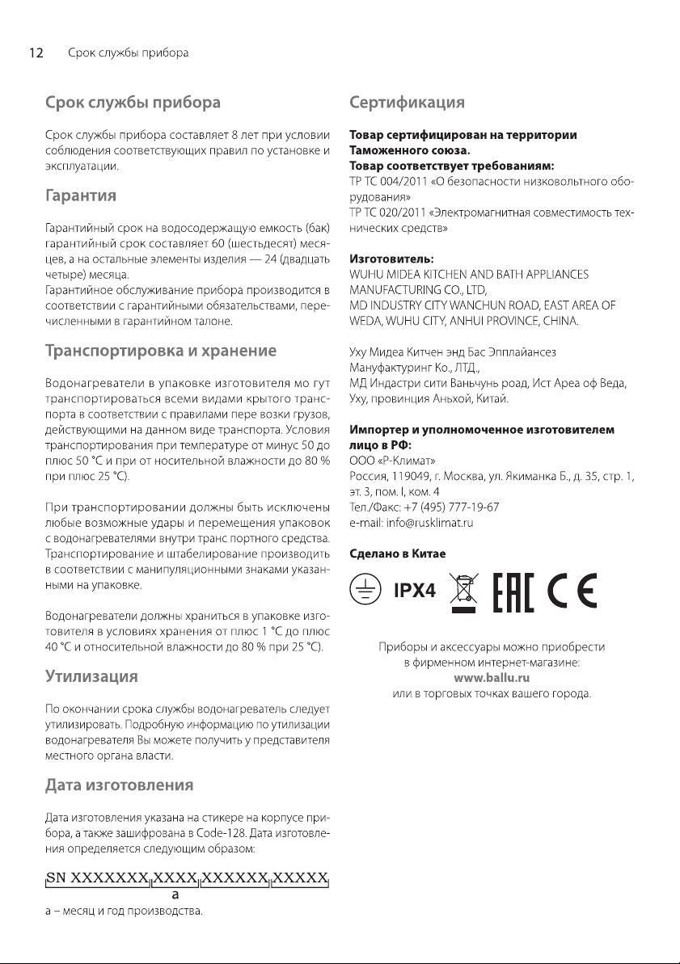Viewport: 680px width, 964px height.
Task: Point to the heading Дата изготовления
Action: point(118,784)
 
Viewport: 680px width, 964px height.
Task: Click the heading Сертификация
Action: point(407,103)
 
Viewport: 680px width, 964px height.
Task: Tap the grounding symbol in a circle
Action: point(365,589)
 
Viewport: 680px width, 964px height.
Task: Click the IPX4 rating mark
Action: point(415,591)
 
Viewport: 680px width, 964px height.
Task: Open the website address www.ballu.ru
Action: point(492,678)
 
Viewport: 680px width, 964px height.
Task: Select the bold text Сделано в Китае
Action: point(396,554)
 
